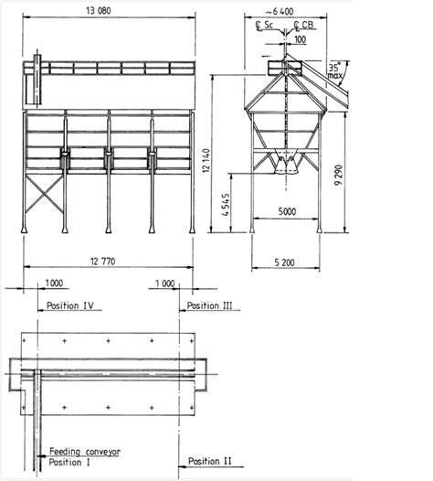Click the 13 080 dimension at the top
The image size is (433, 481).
click(x=111, y=12)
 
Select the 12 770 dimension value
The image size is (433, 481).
click(x=111, y=262)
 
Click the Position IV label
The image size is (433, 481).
click(x=69, y=304)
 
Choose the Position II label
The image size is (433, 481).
click(x=210, y=461)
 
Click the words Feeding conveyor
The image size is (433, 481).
click(x=82, y=452)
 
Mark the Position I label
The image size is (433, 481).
click(x=69, y=462)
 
